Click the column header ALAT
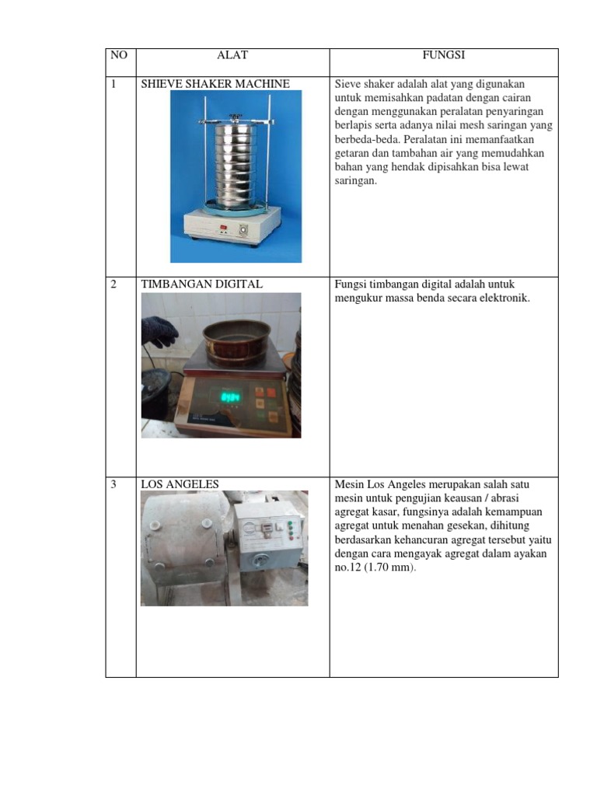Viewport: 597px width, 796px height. [232, 55]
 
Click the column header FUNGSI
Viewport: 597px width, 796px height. [443, 55]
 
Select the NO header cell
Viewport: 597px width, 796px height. [119, 55]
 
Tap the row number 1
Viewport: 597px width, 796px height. [113, 84]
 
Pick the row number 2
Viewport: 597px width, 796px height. [113, 285]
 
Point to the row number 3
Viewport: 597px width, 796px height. [113, 484]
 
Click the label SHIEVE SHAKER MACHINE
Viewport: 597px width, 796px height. [215, 84]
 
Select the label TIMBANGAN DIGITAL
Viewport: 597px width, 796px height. [201, 285]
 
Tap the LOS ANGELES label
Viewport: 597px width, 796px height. [180, 484]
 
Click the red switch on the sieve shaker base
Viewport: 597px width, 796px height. [222, 229]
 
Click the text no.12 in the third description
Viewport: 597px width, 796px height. [345, 567]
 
